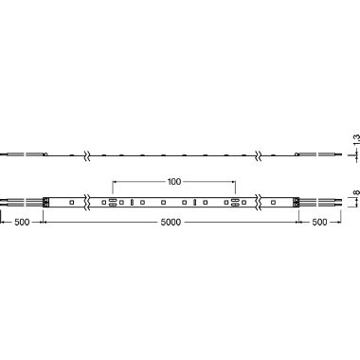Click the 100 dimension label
click(174, 182)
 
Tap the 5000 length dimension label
click(171, 222)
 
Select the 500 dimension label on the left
click(22, 222)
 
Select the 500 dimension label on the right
click(319, 222)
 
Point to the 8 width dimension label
click(356, 192)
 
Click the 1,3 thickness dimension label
click(356, 139)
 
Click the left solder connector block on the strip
click(46, 202)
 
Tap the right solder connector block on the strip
click(296, 202)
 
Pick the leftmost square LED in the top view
click(71, 202)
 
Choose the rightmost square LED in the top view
click(273, 202)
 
